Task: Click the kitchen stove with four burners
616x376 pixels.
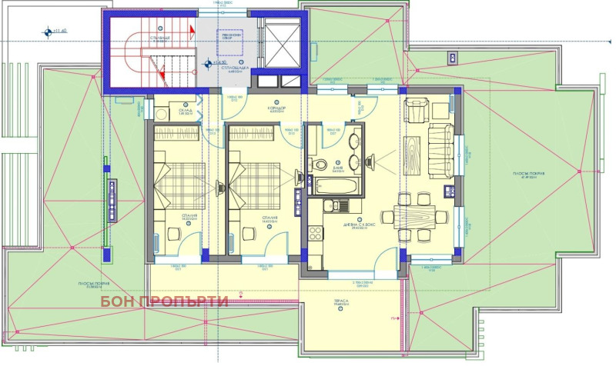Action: tap(314, 232)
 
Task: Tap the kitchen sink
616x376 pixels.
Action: tap(335, 205)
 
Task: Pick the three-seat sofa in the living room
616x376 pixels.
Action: tap(441, 151)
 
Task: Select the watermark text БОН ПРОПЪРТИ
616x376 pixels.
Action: tap(164, 301)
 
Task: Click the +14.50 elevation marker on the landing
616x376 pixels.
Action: tap(210, 63)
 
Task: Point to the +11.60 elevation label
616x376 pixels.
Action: tap(56, 32)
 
